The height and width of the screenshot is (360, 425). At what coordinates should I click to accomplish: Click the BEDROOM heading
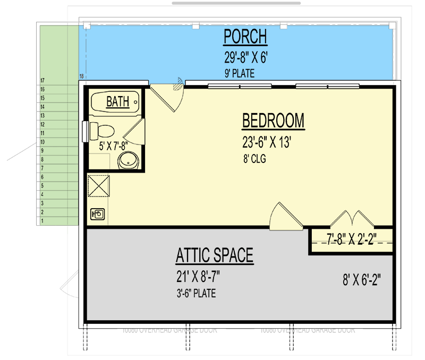pos(273,121)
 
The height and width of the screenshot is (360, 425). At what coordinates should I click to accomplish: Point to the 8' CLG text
pos(254,158)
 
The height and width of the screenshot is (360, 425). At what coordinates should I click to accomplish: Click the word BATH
pos(117,101)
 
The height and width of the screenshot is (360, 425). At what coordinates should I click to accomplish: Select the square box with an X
pos(98,186)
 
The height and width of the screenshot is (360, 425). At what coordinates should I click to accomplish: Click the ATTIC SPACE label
pos(215,256)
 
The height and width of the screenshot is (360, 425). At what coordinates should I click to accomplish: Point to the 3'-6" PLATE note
pos(196,293)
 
